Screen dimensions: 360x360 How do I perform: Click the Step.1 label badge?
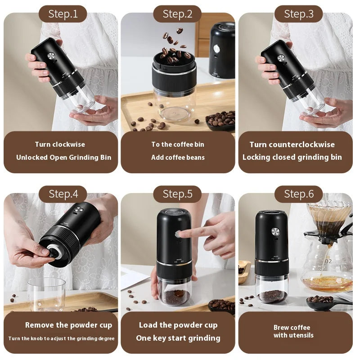pos(63,14)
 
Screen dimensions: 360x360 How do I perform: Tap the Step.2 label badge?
pos(177,14)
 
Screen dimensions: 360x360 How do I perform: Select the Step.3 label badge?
pos(299,14)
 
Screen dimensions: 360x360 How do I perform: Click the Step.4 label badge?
pos(63,194)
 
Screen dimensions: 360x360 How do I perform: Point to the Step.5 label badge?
pos(177,194)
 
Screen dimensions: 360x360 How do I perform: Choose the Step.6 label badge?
pos(299,194)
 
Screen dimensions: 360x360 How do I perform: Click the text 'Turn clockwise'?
pos(60,144)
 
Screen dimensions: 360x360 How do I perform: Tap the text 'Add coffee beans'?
pos(178,157)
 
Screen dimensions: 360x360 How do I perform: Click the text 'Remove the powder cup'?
pos(68,325)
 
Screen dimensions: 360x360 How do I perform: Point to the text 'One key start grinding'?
pos(178,338)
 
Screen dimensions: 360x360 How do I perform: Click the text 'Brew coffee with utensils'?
pos(293,331)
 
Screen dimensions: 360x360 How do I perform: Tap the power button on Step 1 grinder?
pos(51,56)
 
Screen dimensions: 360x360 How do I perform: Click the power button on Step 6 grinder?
pos(275,231)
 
